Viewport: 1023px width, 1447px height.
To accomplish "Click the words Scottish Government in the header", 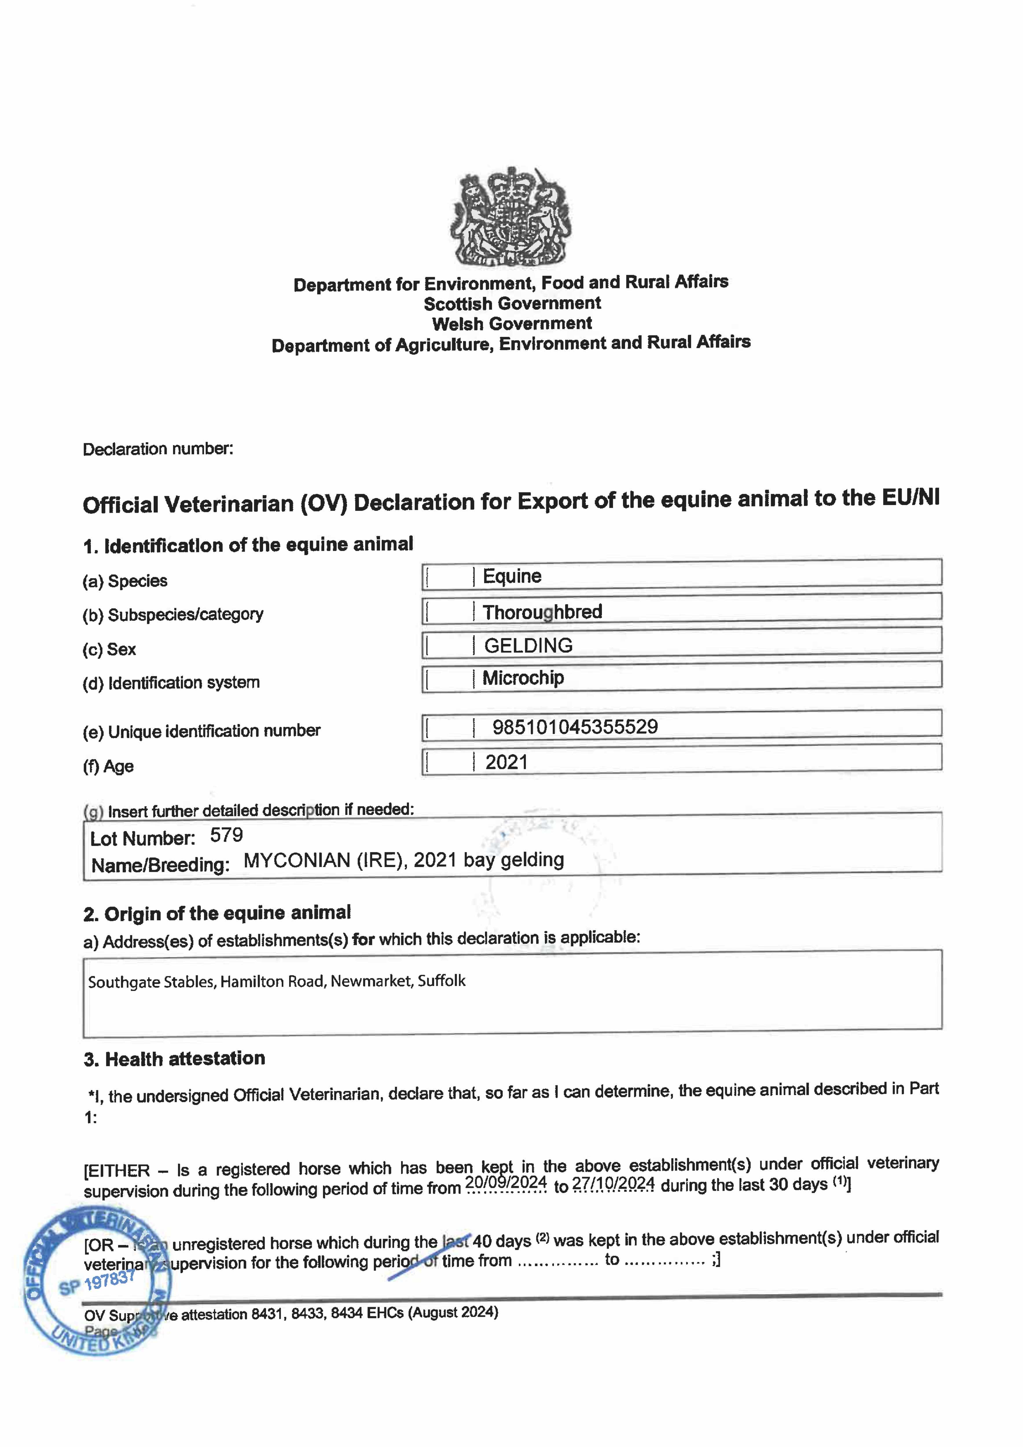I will [x=512, y=304].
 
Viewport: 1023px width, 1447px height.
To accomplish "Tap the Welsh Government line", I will [x=512, y=324].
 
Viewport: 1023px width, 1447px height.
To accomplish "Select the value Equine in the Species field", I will [x=512, y=576].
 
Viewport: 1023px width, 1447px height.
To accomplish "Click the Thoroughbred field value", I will [x=542, y=611].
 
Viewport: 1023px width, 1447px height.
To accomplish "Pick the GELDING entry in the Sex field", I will [x=528, y=645].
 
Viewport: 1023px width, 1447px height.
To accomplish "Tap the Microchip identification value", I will [x=523, y=678].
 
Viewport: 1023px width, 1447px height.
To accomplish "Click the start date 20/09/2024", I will [x=506, y=1182].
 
